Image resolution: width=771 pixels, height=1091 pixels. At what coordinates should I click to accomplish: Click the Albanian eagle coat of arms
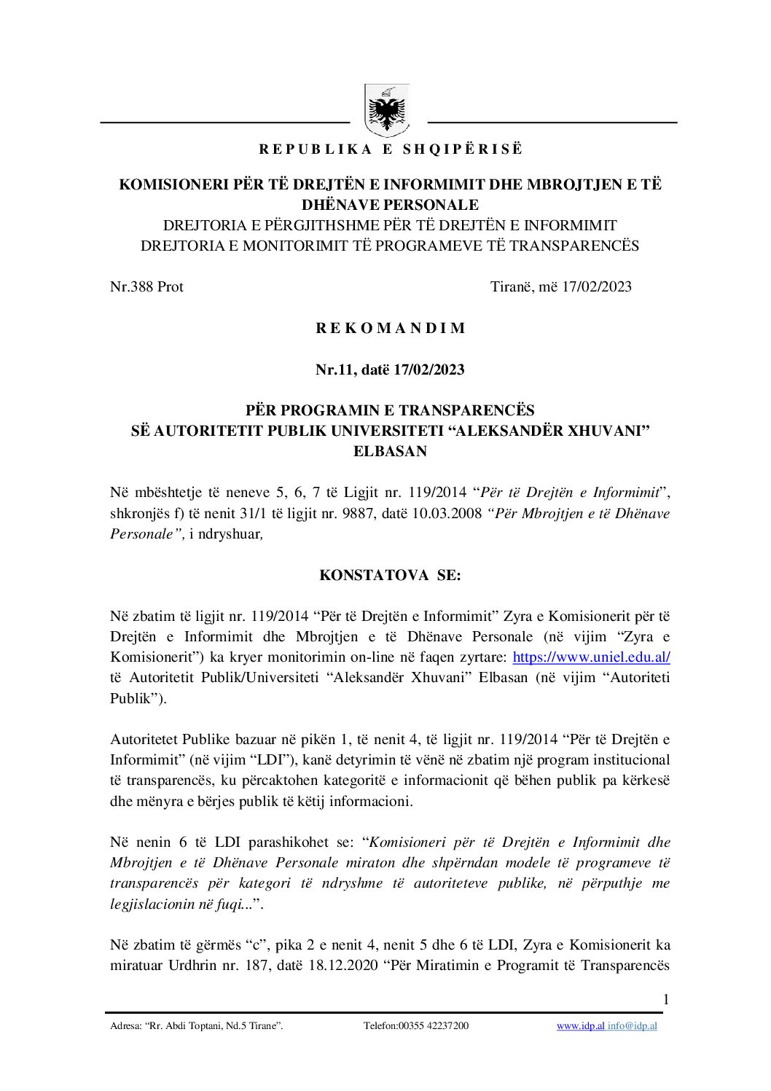(386, 112)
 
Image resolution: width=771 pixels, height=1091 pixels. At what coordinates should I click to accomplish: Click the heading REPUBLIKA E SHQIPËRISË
(391, 149)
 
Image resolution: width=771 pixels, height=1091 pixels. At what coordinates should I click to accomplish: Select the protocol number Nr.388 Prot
(146, 286)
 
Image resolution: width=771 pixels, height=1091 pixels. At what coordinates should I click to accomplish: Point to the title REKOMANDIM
(390, 328)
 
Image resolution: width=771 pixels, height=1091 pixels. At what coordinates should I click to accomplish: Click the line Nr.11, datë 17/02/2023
(390, 369)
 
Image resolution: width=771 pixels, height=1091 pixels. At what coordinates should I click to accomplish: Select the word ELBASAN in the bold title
(390, 451)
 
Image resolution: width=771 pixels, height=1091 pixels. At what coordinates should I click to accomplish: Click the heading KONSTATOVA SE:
(390, 575)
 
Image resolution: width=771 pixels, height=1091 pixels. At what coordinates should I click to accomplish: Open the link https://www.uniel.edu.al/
(591, 657)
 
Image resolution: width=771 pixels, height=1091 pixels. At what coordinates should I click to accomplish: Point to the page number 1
(665, 999)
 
